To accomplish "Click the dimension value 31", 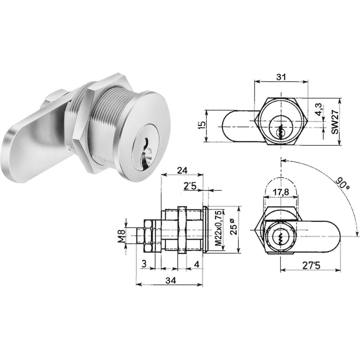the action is (281, 77).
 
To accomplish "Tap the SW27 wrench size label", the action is (335, 122).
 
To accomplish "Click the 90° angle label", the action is (342, 183).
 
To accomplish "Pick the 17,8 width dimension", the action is (281, 192).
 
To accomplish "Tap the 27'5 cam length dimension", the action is (311, 265).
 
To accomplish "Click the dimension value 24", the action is (182, 171).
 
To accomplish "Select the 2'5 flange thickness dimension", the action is (190, 186).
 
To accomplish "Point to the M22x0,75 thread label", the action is (219, 228).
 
